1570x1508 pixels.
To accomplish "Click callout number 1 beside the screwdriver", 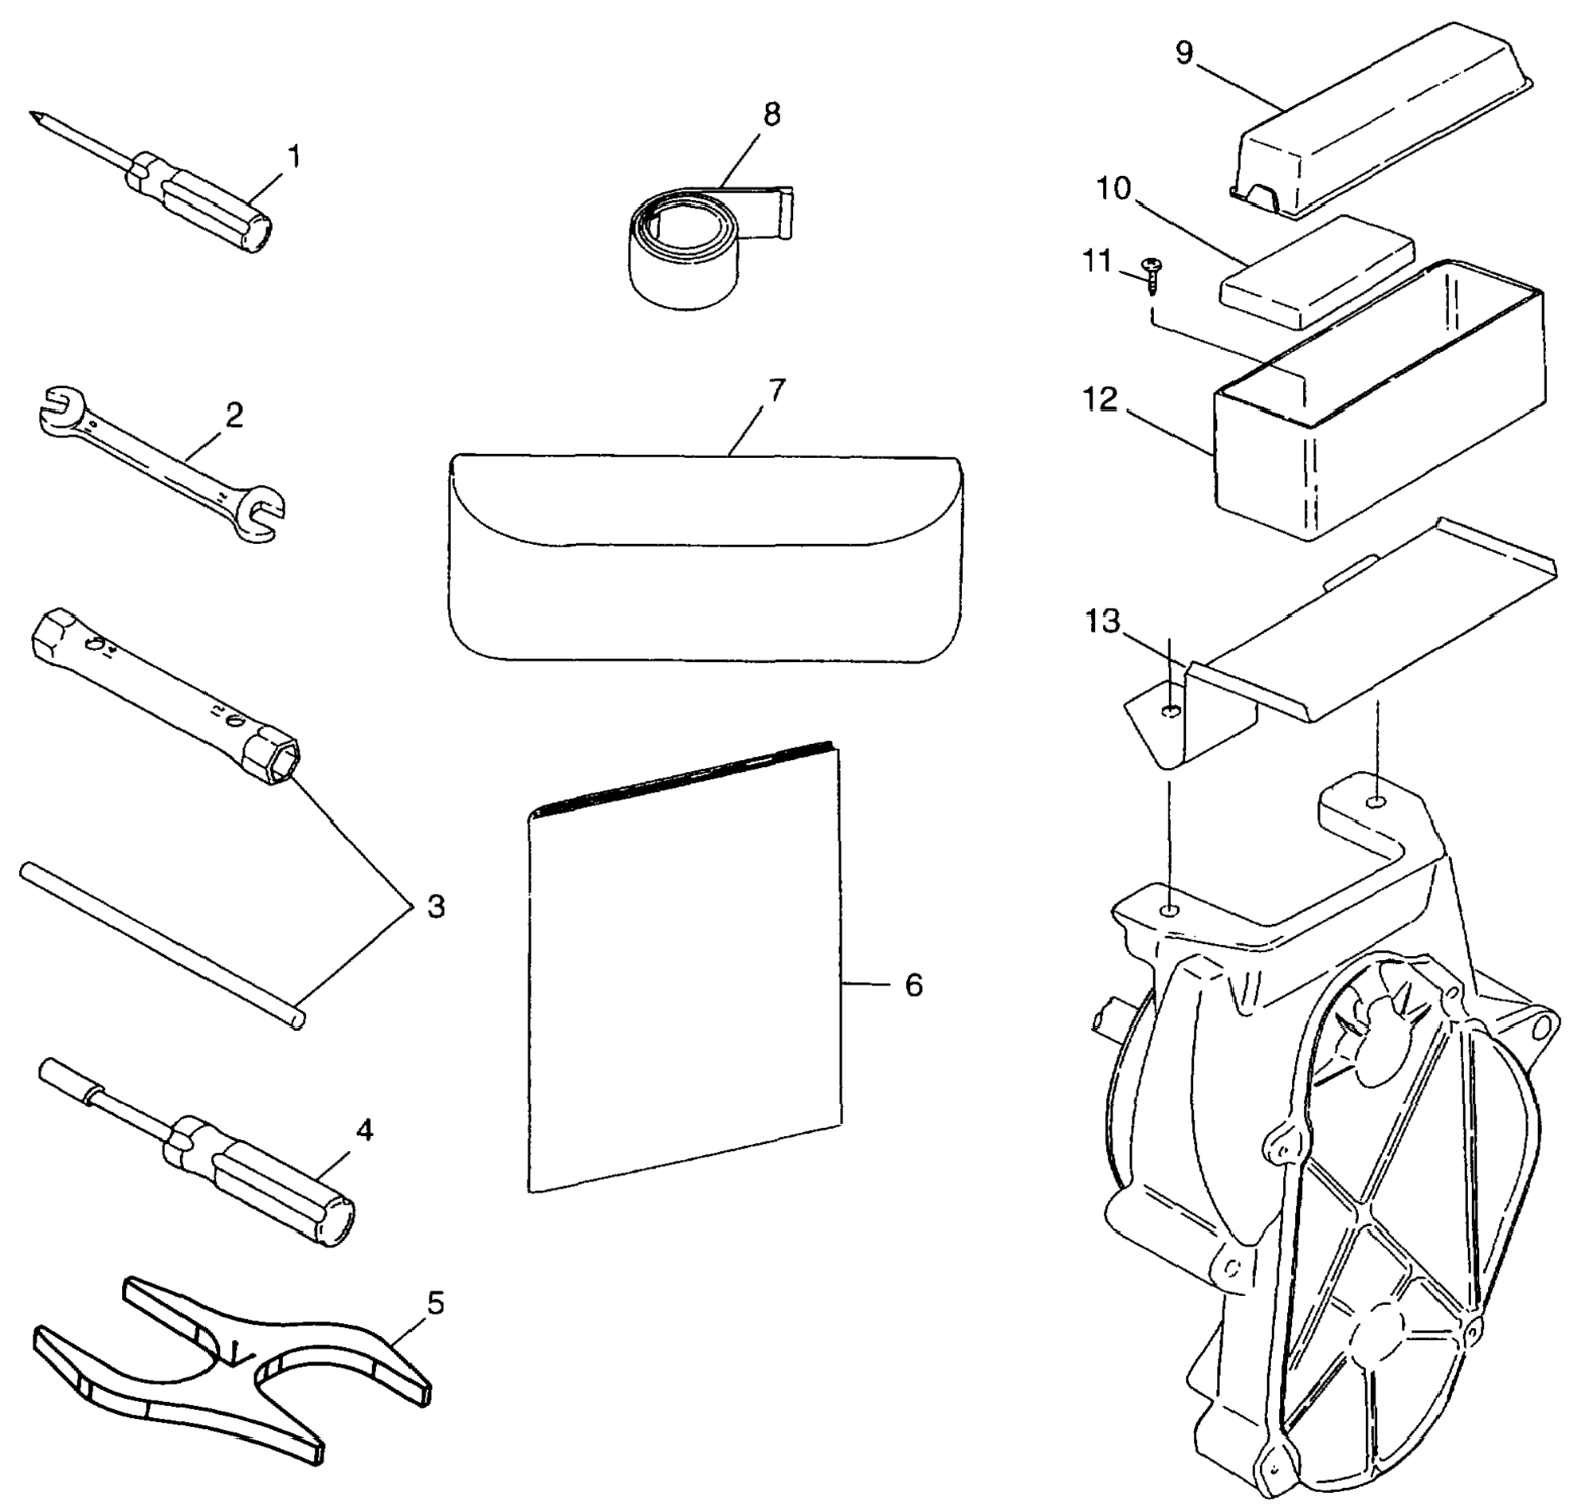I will click(x=294, y=157).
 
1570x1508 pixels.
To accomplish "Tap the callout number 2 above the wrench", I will click(x=234, y=415).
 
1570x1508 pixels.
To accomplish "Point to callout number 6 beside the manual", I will click(x=914, y=985).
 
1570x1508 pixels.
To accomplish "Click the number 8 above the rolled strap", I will click(x=771, y=115).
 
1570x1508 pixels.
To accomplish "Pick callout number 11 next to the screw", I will click(x=1097, y=261).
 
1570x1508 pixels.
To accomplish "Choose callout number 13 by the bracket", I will click(x=1102, y=621).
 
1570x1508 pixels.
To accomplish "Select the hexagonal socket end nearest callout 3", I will click(x=273, y=758).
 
